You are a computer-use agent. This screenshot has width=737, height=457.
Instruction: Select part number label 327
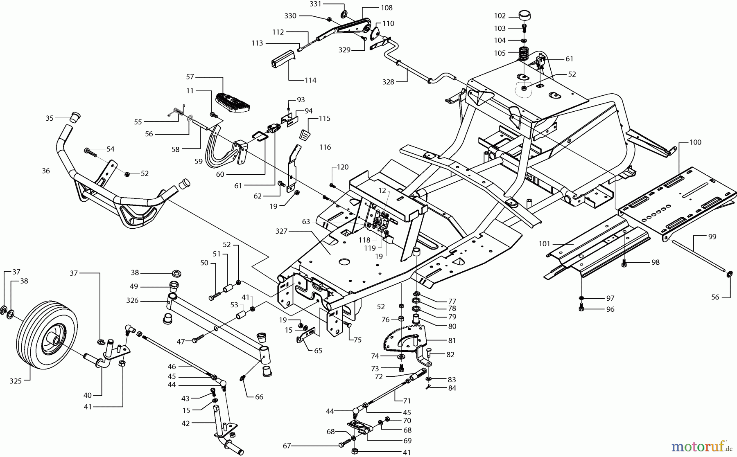(x=282, y=231)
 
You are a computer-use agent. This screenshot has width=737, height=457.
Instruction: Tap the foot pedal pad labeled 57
(x=232, y=102)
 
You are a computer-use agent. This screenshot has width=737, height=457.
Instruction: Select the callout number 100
(x=695, y=142)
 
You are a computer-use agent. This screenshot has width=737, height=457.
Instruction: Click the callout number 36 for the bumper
(x=46, y=171)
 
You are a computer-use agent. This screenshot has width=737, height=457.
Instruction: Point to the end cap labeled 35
(x=74, y=117)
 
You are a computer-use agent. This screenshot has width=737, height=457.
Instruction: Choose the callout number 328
(x=388, y=82)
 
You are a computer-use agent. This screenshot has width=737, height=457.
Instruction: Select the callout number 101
(x=545, y=244)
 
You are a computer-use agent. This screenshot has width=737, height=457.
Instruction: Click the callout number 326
(x=132, y=301)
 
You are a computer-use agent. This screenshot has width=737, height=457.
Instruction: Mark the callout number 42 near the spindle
(x=186, y=423)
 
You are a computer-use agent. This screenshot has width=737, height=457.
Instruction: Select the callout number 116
(x=325, y=147)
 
